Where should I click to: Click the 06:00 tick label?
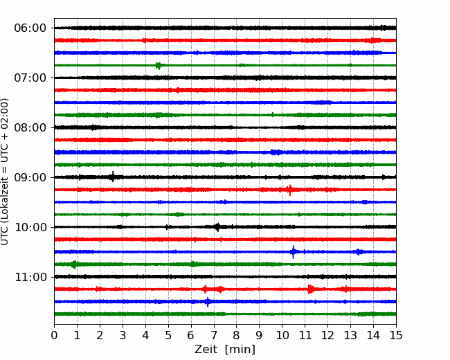(30, 28)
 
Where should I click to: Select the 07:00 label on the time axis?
(30, 78)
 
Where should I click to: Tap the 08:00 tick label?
(30, 128)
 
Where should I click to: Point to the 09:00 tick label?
(30, 177)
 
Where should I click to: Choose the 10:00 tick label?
(30, 227)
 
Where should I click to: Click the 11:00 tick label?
(30, 278)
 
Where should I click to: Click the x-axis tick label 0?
(54, 335)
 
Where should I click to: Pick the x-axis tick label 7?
(214, 335)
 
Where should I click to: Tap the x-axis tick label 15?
(396, 335)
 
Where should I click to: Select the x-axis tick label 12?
(327, 335)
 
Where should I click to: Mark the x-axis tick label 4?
(145, 335)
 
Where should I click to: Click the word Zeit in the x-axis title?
(207, 350)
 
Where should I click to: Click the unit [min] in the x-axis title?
(240, 350)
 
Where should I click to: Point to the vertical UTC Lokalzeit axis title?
(5, 172)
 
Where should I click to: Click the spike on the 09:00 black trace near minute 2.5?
(113, 177)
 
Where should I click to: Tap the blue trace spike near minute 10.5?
(293, 252)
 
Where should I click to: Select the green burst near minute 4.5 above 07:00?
(158, 66)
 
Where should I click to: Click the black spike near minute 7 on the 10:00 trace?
(217, 227)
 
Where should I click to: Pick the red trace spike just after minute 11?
(310, 289)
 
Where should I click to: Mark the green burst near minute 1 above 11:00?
(74, 264)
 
